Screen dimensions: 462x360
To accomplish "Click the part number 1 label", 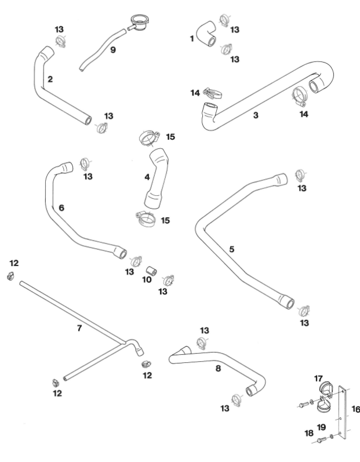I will coord(192,38).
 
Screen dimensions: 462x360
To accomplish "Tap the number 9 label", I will coord(112,50).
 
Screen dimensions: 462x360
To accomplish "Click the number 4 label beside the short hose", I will coord(147,177).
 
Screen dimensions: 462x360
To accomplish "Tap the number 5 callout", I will coord(231,249).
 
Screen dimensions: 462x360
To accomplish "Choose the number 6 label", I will coord(61,207).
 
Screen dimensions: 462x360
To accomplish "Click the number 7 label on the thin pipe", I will coord(80,328).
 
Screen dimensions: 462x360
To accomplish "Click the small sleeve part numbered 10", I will coord(151,271).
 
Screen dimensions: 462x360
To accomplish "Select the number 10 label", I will coord(147,279).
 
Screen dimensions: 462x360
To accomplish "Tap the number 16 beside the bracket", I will coord(355,409).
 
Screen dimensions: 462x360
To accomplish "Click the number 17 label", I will coord(318,379).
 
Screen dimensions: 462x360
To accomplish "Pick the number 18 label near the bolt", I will coord(308,433).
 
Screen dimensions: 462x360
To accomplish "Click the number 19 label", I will coord(321,427).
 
